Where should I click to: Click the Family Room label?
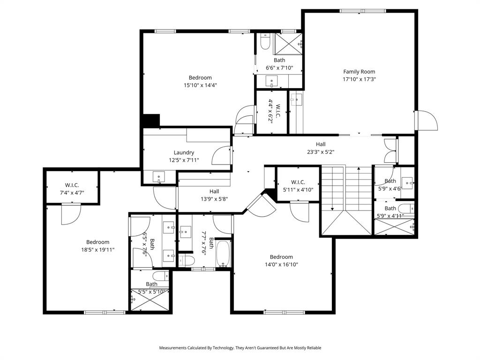click(x=359, y=72)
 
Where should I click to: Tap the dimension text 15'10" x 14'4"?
click(x=200, y=85)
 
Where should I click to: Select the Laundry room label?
click(x=184, y=152)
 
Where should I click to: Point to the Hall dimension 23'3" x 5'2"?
click(x=320, y=152)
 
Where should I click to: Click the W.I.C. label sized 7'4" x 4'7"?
click(x=72, y=185)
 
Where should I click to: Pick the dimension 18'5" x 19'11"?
click(x=97, y=250)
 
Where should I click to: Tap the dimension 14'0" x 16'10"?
click(x=281, y=264)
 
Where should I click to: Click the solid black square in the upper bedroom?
click(x=151, y=120)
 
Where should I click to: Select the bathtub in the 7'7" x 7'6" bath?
click(x=223, y=255)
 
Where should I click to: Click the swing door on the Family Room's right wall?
click(x=427, y=121)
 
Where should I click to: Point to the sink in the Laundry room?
click(x=159, y=177)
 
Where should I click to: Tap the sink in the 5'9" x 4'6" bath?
click(x=407, y=181)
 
